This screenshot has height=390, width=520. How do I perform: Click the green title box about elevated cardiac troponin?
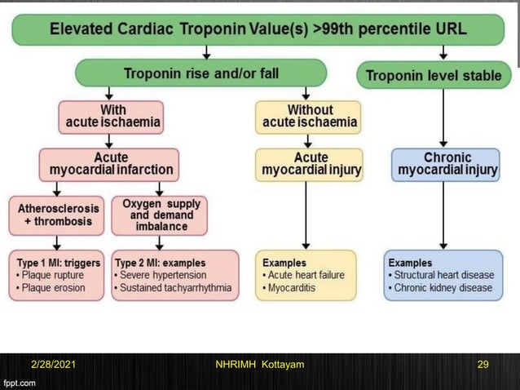258,30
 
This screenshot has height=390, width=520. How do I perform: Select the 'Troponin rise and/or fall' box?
201,74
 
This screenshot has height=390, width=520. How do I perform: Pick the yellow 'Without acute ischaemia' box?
309,116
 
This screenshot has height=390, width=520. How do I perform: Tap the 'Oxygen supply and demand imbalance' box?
160,215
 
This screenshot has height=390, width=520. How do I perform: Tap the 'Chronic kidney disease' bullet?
443,288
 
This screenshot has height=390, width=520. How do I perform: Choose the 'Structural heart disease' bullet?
443,275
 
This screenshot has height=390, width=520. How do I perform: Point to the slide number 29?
483,364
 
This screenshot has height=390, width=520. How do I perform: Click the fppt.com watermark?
20,382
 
